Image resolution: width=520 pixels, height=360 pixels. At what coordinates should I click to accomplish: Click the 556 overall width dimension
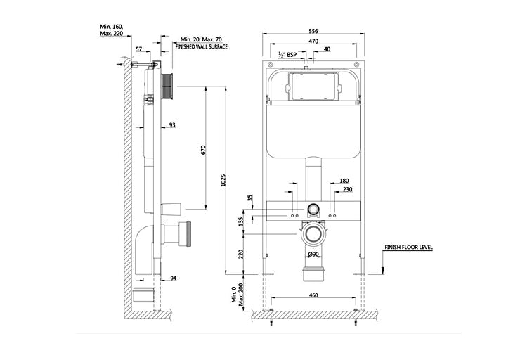(x=313, y=31)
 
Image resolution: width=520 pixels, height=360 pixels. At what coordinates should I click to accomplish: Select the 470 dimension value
(x=313, y=41)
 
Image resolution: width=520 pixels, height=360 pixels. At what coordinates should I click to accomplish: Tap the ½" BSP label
(x=287, y=54)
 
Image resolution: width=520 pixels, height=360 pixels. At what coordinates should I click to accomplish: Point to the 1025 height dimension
(x=223, y=180)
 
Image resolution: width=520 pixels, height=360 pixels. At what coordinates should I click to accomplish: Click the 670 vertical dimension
(x=204, y=150)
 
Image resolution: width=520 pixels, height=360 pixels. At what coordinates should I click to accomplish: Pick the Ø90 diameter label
(x=313, y=255)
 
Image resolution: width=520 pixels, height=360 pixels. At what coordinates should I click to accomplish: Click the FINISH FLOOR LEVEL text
(x=408, y=247)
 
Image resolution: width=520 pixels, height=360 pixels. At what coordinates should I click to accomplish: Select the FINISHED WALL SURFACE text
(x=201, y=47)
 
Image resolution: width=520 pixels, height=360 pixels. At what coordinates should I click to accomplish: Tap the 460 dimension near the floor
(x=313, y=295)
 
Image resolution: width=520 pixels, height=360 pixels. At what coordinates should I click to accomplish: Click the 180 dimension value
(x=344, y=181)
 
